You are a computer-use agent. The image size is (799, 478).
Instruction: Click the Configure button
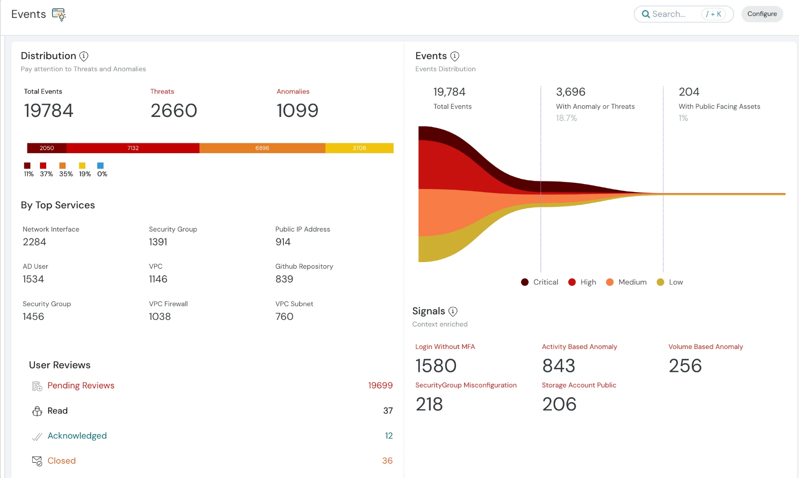click(762, 14)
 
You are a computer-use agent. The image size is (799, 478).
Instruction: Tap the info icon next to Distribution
click(84, 56)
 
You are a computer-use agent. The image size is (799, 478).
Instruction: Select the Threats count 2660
click(174, 111)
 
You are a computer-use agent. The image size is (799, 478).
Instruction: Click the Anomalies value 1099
click(297, 111)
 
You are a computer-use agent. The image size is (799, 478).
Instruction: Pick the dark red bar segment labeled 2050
click(47, 148)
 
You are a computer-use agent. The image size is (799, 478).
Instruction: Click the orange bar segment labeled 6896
click(262, 148)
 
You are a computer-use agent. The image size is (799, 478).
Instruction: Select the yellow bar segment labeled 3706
click(359, 148)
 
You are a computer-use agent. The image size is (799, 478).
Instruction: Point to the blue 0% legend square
click(100, 166)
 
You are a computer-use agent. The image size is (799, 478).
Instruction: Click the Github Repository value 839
click(284, 279)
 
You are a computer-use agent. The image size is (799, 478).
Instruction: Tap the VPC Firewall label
click(168, 304)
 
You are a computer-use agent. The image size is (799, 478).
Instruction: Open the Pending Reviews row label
click(81, 386)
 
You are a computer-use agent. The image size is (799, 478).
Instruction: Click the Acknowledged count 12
click(389, 436)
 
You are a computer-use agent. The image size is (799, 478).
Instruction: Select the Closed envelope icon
click(37, 461)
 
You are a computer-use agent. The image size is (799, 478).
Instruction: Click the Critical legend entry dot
click(525, 282)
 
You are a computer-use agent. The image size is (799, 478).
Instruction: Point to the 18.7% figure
click(566, 118)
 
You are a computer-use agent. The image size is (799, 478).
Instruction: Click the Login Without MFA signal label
click(445, 347)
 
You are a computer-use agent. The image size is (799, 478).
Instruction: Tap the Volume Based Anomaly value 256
click(685, 366)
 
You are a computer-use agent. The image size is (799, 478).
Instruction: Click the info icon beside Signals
click(453, 311)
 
